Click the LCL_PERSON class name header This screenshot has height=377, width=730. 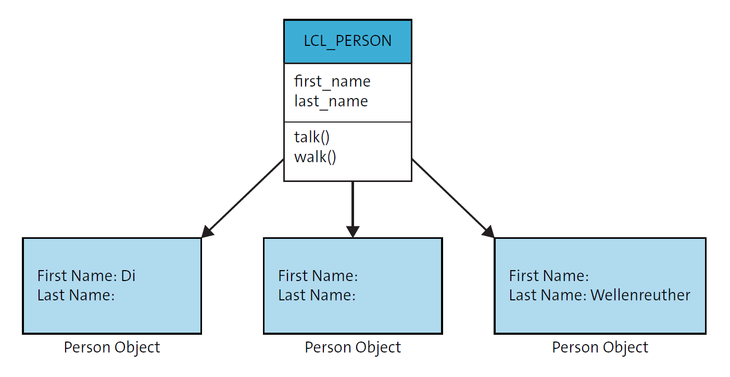(x=347, y=41)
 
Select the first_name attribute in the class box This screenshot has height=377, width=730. (x=332, y=81)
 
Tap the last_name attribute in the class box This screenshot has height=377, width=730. (x=331, y=101)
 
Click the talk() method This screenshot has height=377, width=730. (x=312, y=137)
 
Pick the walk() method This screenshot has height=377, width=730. (x=315, y=156)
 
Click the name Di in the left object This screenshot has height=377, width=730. (x=128, y=275)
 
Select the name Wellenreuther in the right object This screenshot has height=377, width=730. (x=640, y=295)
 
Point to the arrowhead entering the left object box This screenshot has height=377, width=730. (x=207, y=232)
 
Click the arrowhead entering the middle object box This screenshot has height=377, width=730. (x=353, y=232)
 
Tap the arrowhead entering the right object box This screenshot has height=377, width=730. (x=488, y=232)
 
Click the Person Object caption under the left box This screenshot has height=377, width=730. (x=112, y=347)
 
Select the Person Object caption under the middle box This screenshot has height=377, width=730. (x=353, y=347)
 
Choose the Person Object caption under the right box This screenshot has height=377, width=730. (x=600, y=347)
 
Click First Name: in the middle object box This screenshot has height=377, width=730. (x=318, y=275)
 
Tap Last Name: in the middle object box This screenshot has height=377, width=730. (x=317, y=295)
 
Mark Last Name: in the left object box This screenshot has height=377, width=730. (x=75, y=295)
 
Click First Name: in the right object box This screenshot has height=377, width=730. (x=548, y=275)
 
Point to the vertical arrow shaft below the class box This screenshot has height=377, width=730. (x=353, y=203)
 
